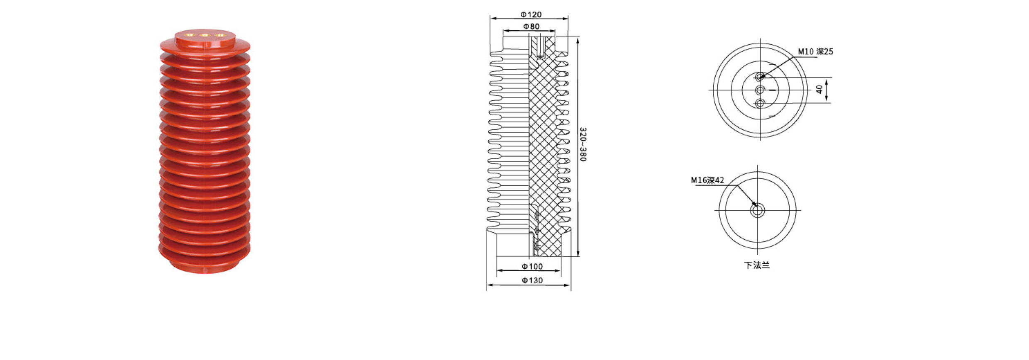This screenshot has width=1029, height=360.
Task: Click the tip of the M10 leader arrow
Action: (761, 77)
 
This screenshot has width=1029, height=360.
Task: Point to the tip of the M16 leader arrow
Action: (756, 207)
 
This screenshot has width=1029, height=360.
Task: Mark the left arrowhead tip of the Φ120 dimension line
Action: (490, 18)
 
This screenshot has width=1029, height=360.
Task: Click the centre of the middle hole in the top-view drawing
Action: (760, 90)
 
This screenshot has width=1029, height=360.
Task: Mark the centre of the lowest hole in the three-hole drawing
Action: (760, 103)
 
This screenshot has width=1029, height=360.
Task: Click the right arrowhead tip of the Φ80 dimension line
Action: (555, 31)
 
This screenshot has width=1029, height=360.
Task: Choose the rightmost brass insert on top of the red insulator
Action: (219, 35)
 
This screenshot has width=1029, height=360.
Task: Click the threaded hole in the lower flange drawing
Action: (757, 211)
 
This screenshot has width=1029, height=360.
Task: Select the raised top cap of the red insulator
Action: (205, 38)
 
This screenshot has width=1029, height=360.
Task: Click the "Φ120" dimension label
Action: (531, 15)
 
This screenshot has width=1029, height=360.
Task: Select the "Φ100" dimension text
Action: (532, 266)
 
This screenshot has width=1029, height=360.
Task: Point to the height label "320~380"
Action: (583, 144)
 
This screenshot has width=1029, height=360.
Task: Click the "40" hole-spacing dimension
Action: (819, 90)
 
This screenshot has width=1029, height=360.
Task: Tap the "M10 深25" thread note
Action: (815, 51)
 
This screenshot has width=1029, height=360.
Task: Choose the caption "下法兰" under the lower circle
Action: (757, 265)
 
